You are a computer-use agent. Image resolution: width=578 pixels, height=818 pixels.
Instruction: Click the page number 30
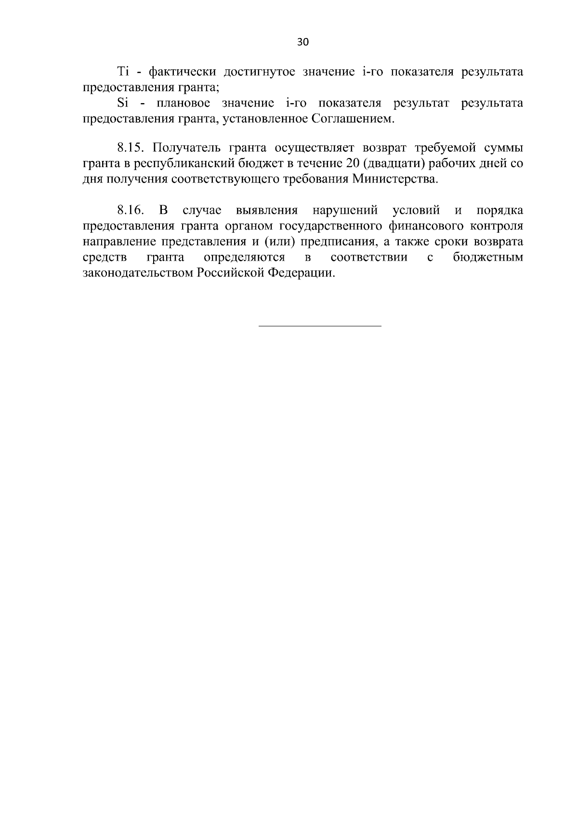point(303,42)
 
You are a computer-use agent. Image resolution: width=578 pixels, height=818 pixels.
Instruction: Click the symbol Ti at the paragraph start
point(122,72)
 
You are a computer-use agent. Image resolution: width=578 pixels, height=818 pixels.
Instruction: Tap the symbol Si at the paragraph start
point(122,103)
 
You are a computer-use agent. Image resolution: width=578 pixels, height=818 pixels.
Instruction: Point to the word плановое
point(180,103)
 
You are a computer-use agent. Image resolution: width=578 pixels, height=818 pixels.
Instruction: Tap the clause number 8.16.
point(131,211)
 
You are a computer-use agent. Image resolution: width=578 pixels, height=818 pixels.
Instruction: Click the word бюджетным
point(487,257)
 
